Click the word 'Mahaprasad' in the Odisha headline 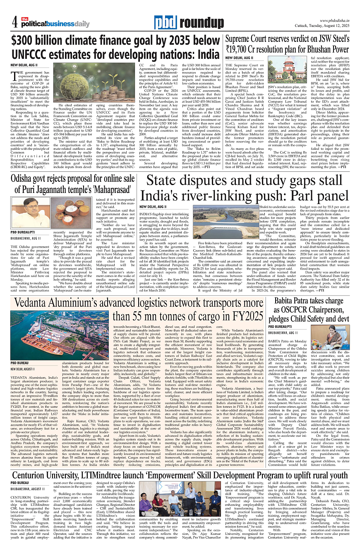[x=111, y=189]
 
